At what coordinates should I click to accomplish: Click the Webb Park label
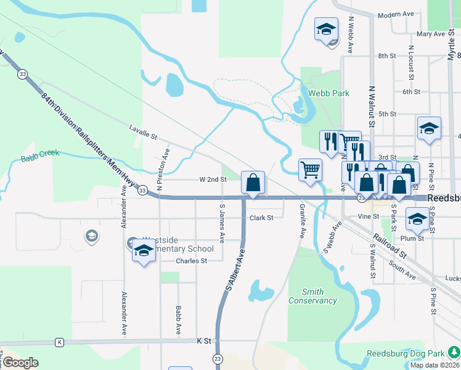pos(328,93)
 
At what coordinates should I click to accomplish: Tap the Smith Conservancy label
pos(313,296)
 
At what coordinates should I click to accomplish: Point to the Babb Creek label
pos(40,155)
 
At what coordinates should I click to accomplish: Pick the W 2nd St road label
pos(213,179)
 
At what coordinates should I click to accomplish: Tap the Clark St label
pos(261,218)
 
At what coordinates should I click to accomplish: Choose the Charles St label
pos(190,261)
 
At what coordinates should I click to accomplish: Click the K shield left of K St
pos(59,342)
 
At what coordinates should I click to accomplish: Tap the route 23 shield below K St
pos(218,358)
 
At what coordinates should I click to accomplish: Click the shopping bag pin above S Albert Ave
pos(253,183)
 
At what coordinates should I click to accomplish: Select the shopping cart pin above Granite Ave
pos(310,170)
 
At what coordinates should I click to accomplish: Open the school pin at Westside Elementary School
pos(144,251)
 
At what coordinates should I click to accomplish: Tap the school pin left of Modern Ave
pos(326,29)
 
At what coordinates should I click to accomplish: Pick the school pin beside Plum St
pos(417,219)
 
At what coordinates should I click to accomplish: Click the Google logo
pos(20,363)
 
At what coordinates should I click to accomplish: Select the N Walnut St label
pos(371,105)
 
